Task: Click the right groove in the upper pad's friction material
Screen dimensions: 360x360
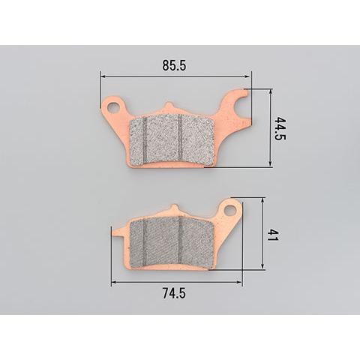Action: click(x=181, y=138)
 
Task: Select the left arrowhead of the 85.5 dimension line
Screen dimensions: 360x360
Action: click(x=103, y=76)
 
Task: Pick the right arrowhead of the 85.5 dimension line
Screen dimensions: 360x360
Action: click(x=248, y=76)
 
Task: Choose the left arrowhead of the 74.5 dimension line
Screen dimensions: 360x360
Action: click(x=114, y=283)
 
